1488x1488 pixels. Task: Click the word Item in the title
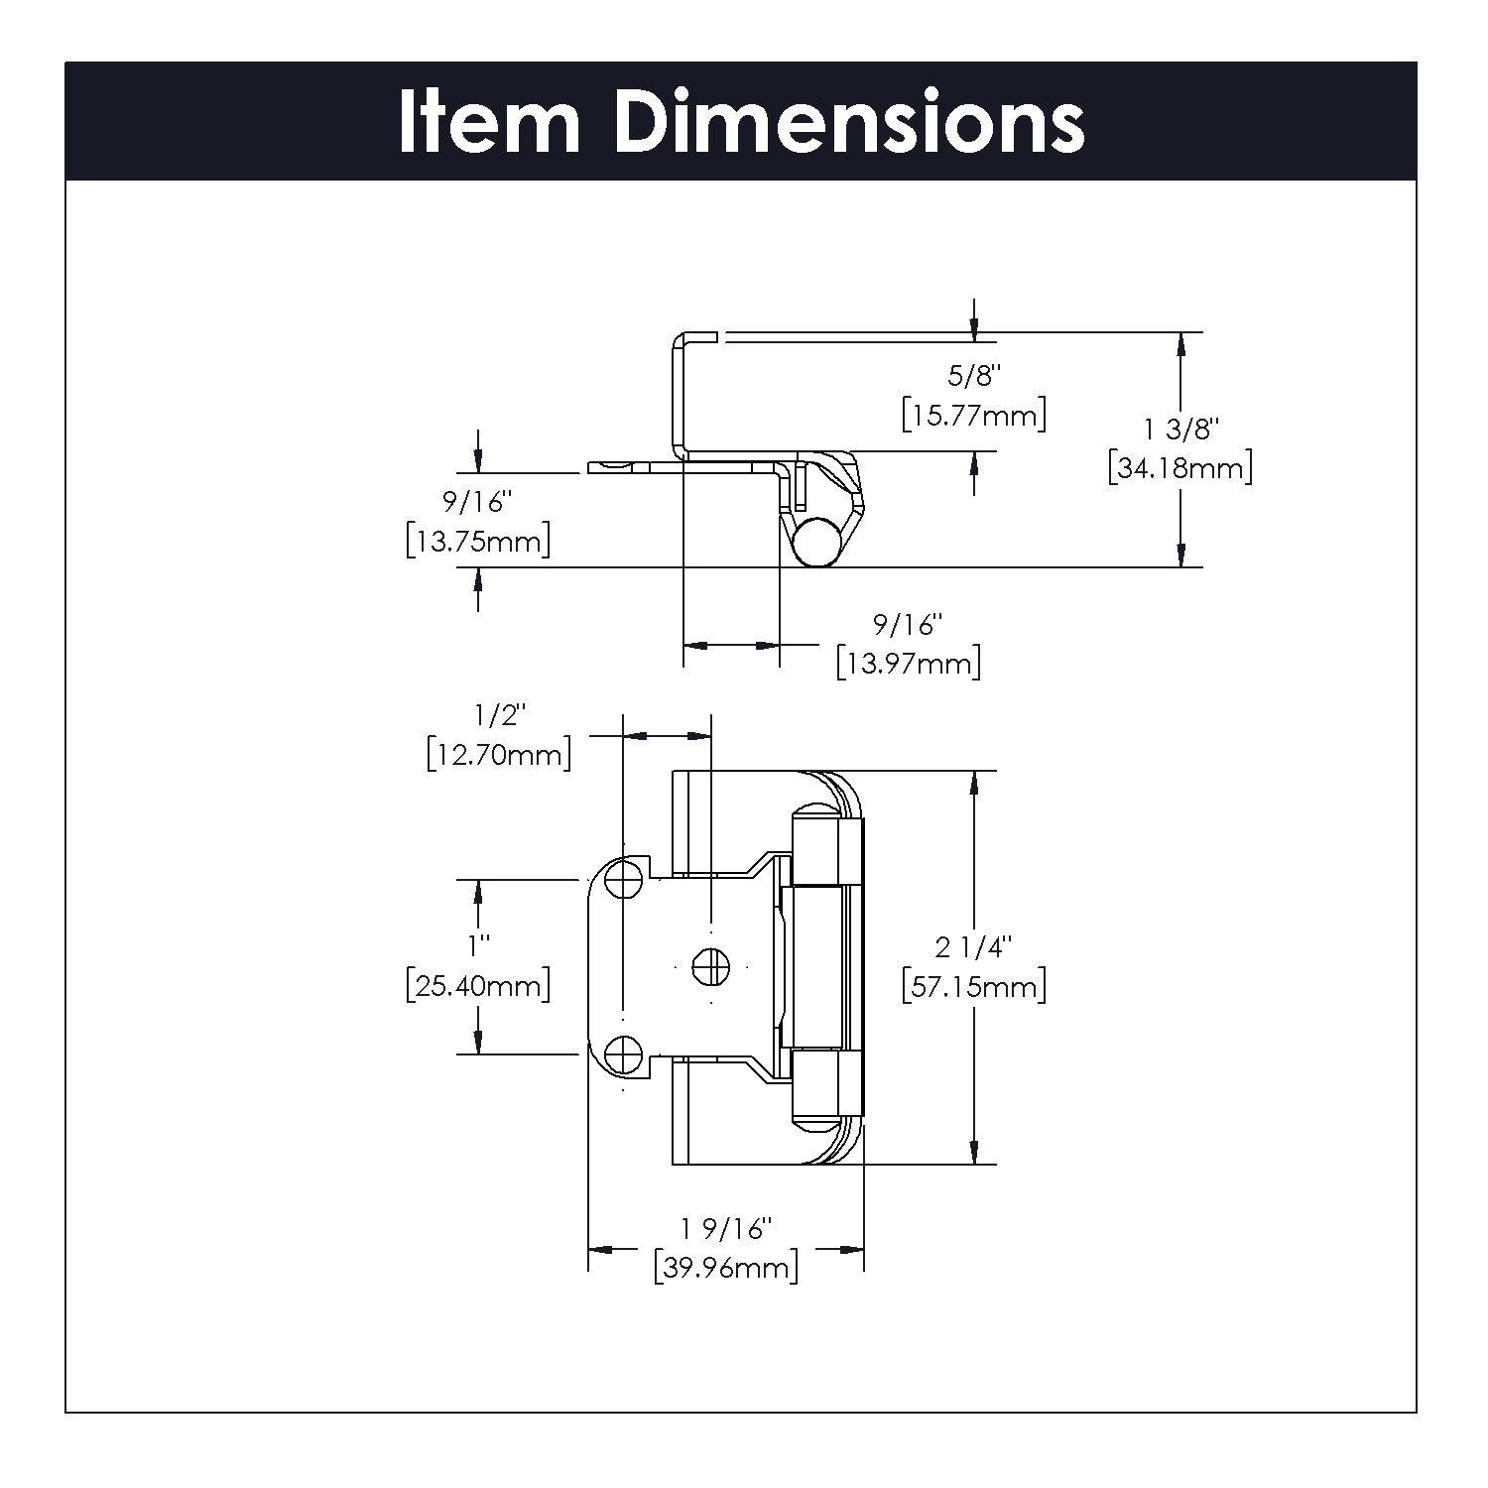(488, 122)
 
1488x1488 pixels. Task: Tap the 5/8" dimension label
(974, 376)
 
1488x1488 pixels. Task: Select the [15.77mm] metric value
(974, 415)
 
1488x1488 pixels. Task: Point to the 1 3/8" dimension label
(1179, 430)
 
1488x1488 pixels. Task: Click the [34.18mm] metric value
(1179, 467)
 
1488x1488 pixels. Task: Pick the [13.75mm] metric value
(478, 542)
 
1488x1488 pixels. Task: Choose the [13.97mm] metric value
(908, 663)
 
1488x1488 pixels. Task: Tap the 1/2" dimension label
(499, 714)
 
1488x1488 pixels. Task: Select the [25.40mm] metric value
(478, 986)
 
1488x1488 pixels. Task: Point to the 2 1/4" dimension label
(973, 948)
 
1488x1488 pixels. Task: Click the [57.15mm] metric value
(973, 988)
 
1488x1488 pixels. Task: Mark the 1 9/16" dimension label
(726, 1229)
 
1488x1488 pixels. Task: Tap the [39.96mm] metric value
(726, 1268)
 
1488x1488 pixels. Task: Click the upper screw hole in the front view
(623, 878)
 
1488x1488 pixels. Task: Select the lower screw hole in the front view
(623, 1054)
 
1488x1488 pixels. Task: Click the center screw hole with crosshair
(710, 966)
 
